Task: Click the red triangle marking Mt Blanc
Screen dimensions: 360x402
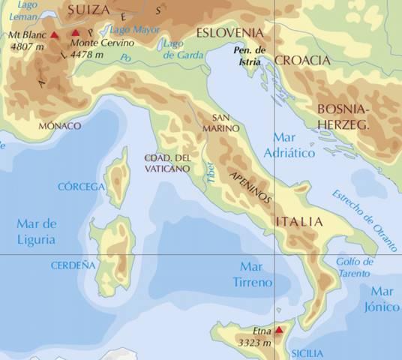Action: tap(54, 34)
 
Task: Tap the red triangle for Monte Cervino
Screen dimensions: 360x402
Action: tap(76, 33)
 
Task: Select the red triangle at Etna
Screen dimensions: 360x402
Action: tap(278, 329)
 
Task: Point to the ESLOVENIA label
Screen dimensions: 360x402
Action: tap(229, 33)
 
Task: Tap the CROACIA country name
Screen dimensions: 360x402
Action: tap(302, 60)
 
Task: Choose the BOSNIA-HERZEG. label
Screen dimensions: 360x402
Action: tap(344, 117)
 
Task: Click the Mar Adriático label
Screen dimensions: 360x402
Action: tap(292, 145)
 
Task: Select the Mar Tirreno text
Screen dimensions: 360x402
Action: tap(256, 274)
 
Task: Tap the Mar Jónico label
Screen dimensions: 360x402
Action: tap(382, 299)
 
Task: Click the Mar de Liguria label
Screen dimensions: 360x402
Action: tap(37, 231)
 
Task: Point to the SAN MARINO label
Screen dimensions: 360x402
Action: tap(226, 123)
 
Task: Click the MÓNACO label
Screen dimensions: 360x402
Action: tap(59, 126)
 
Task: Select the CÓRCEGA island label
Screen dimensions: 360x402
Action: tap(82, 186)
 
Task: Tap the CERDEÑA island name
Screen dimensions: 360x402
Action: tap(73, 265)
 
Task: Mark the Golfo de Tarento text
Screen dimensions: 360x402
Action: tap(355, 267)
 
